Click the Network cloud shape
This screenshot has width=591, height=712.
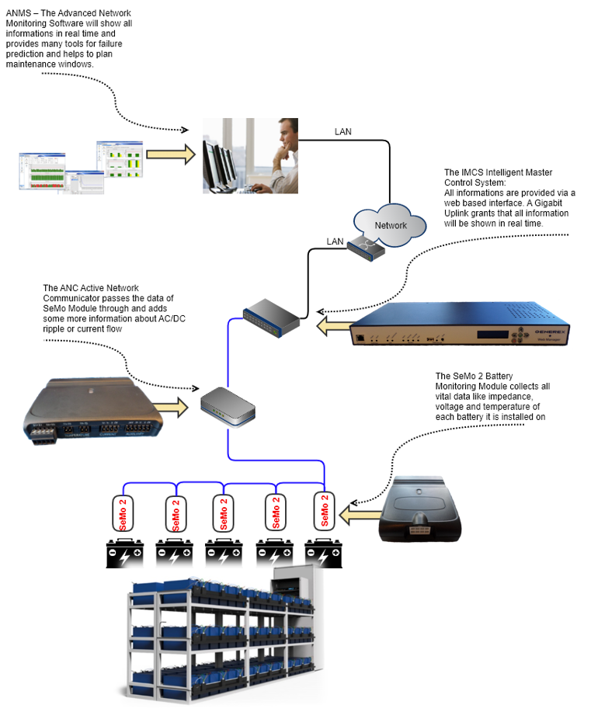click(x=390, y=224)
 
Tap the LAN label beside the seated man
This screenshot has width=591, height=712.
click(x=342, y=132)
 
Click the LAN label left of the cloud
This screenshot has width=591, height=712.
click(x=335, y=241)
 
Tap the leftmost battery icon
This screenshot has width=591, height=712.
click(x=125, y=553)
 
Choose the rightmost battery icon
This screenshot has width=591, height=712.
click(x=324, y=553)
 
